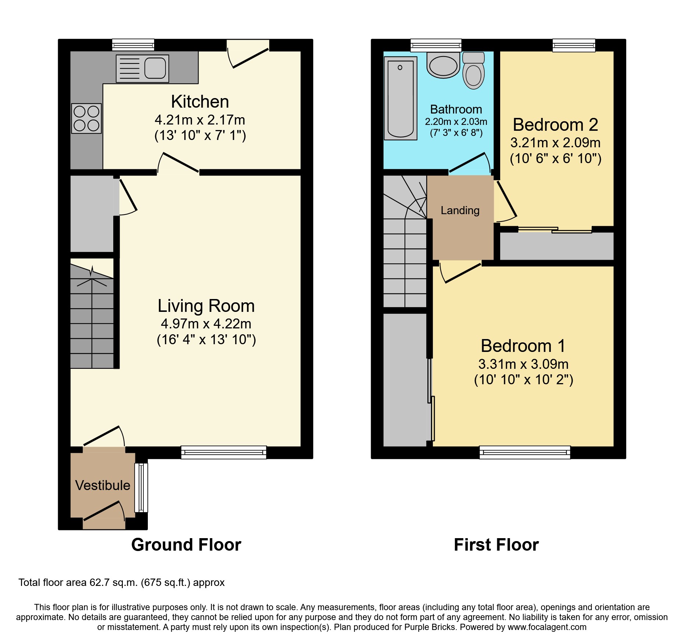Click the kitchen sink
[142, 68]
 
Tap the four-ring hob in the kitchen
[86, 118]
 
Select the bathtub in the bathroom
[400, 98]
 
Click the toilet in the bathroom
[473, 70]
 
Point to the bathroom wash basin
[443, 65]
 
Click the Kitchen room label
[200, 102]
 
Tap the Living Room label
[206, 306]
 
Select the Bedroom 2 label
[555, 125]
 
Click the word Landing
[460, 210]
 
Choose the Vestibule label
[103, 485]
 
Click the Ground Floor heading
[186, 545]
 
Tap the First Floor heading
[496, 545]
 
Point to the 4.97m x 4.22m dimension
[206, 324]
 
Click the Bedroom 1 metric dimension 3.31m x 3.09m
[523, 364]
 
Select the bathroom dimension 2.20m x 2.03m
[456, 122]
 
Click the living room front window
[224, 452]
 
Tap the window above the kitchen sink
[133, 45]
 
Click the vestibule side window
[141, 487]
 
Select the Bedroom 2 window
[574, 45]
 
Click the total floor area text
[121, 583]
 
